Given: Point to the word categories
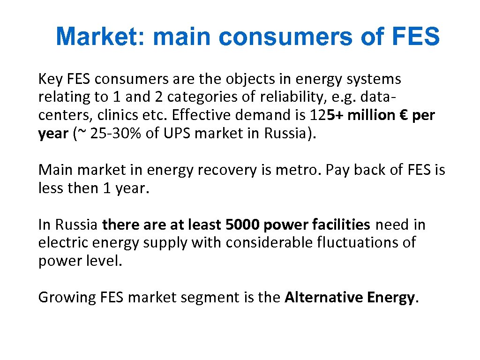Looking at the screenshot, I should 203,97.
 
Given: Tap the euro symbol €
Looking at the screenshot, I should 404,115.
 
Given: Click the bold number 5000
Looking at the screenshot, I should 242,225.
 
